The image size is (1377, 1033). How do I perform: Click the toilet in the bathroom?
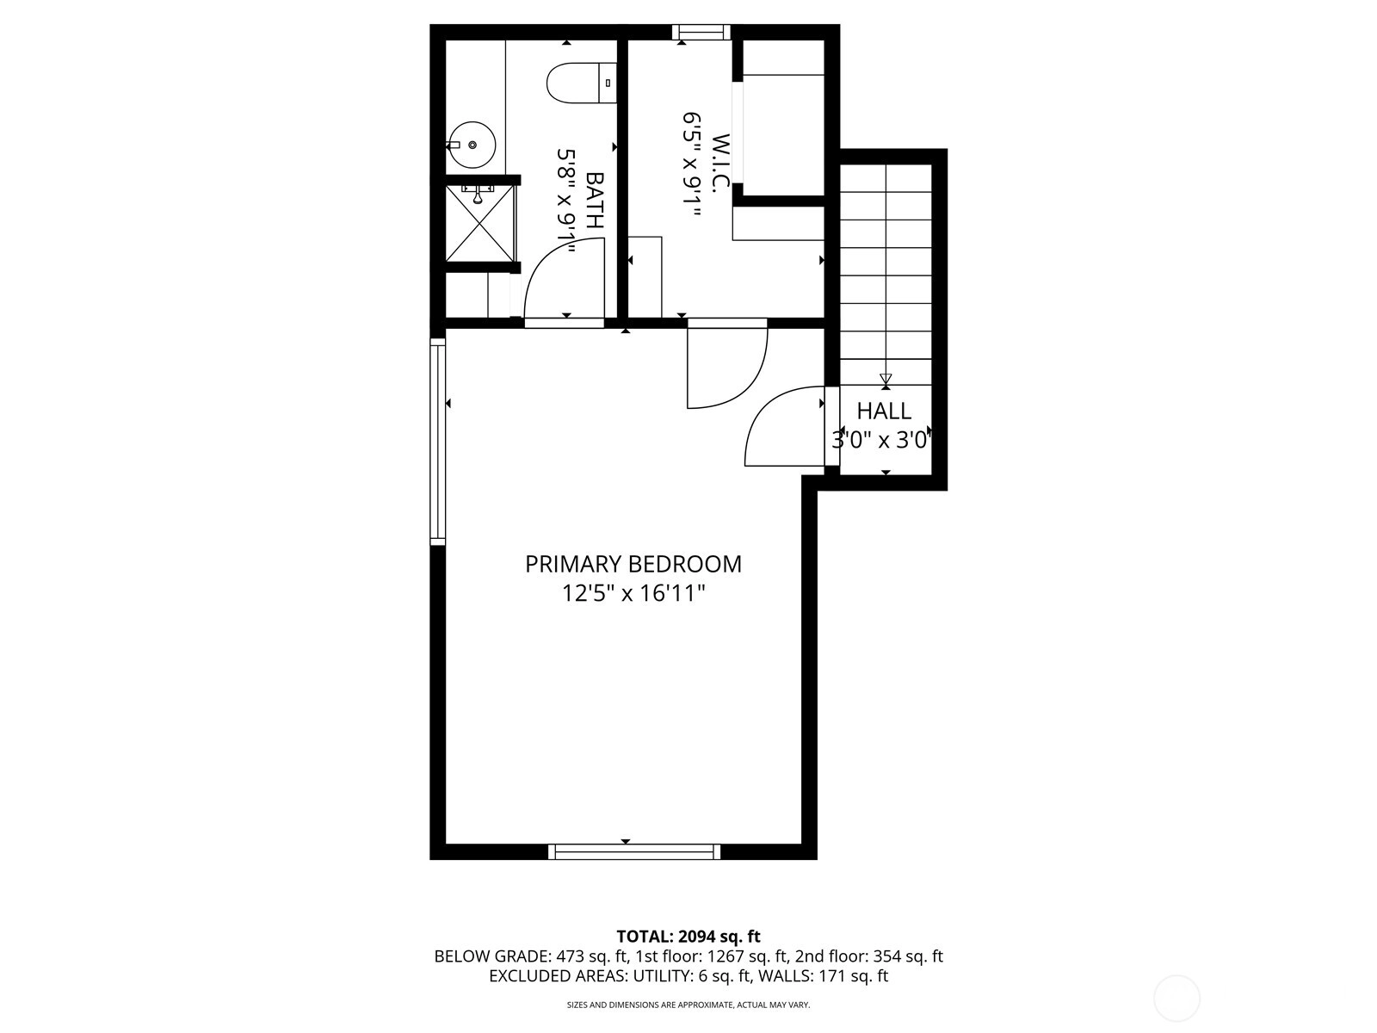tap(582, 83)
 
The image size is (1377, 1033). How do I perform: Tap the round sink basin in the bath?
tap(471, 145)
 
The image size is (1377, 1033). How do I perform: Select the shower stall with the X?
tap(479, 223)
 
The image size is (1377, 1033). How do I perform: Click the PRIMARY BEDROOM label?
tap(633, 564)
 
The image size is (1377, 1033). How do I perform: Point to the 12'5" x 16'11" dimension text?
tap(633, 593)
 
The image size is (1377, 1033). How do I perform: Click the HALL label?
tap(884, 411)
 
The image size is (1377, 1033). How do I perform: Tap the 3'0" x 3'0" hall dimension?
tap(880, 440)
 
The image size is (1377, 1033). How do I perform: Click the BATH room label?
tap(594, 200)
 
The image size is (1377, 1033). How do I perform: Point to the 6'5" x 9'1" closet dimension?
tap(691, 164)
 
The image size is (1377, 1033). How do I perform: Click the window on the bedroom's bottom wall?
tap(634, 851)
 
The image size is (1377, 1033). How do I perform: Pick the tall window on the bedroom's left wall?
tap(437, 442)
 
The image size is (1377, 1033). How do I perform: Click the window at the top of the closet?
tap(701, 32)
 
